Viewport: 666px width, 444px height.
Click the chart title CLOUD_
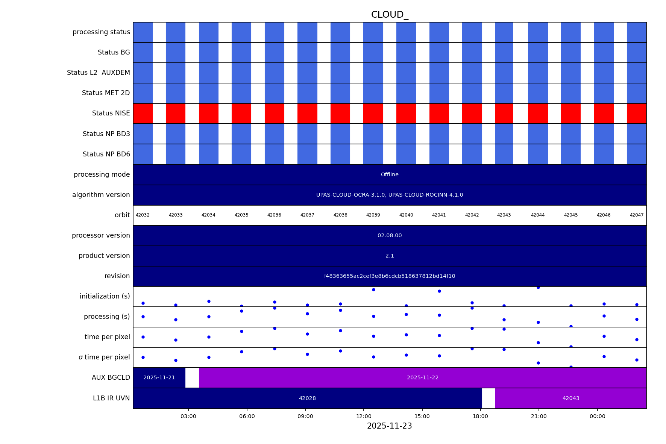(x=389, y=15)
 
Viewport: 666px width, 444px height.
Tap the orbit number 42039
(x=373, y=215)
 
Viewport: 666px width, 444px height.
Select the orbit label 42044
(x=538, y=215)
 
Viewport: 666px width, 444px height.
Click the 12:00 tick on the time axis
(x=364, y=416)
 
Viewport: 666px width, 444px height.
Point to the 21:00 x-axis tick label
(x=539, y=416)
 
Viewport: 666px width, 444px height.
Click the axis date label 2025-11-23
(x=389, y=426)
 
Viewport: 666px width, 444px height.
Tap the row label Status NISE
(x=111, y=113)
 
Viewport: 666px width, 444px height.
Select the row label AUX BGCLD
(x=111, y=377)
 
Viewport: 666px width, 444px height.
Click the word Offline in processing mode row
(x=390, y=175)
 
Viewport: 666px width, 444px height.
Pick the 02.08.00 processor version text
(x=390, y=236)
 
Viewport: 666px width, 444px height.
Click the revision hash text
(x=390, y=276)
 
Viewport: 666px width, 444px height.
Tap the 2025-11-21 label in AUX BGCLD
(x=159, y=378)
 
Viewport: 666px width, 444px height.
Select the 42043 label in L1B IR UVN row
(x=571, y=399)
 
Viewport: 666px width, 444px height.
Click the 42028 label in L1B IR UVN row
(x=307, y=399)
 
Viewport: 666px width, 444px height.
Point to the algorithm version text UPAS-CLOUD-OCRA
(x=390, y=195)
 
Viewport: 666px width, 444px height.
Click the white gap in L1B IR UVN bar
(x=489, y=399)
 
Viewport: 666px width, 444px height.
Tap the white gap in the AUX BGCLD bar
(x=192, y=378)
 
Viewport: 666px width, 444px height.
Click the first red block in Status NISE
(x=143, y=114)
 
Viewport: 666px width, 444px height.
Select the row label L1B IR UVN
(x=111, y=398)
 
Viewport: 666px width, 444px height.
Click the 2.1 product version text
(x=390, y=256)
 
